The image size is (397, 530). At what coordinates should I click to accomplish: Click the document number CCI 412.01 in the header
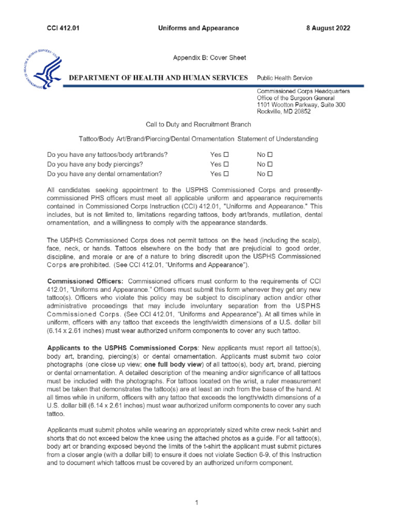[x=63, y=28]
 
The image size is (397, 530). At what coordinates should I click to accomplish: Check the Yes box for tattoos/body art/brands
[x=226, y=155]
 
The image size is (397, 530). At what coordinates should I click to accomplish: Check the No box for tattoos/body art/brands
[x=270, y=155]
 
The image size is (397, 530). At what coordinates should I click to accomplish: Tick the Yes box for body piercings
[x=226, y=165]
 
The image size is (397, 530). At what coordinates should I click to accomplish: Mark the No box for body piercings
[x=270, y=165]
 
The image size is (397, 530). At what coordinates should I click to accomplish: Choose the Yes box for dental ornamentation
[x=226, y=174]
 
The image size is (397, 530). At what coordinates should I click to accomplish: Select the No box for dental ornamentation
[x=270, y=174]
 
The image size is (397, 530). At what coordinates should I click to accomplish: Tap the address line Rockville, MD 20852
[x=284, y=112]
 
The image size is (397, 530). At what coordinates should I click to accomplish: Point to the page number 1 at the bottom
[x=197, y=503]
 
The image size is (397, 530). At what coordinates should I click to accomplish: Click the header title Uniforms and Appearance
[x=198, y=28]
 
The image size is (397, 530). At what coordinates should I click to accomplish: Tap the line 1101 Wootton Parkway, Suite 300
[x=301, y=105]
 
